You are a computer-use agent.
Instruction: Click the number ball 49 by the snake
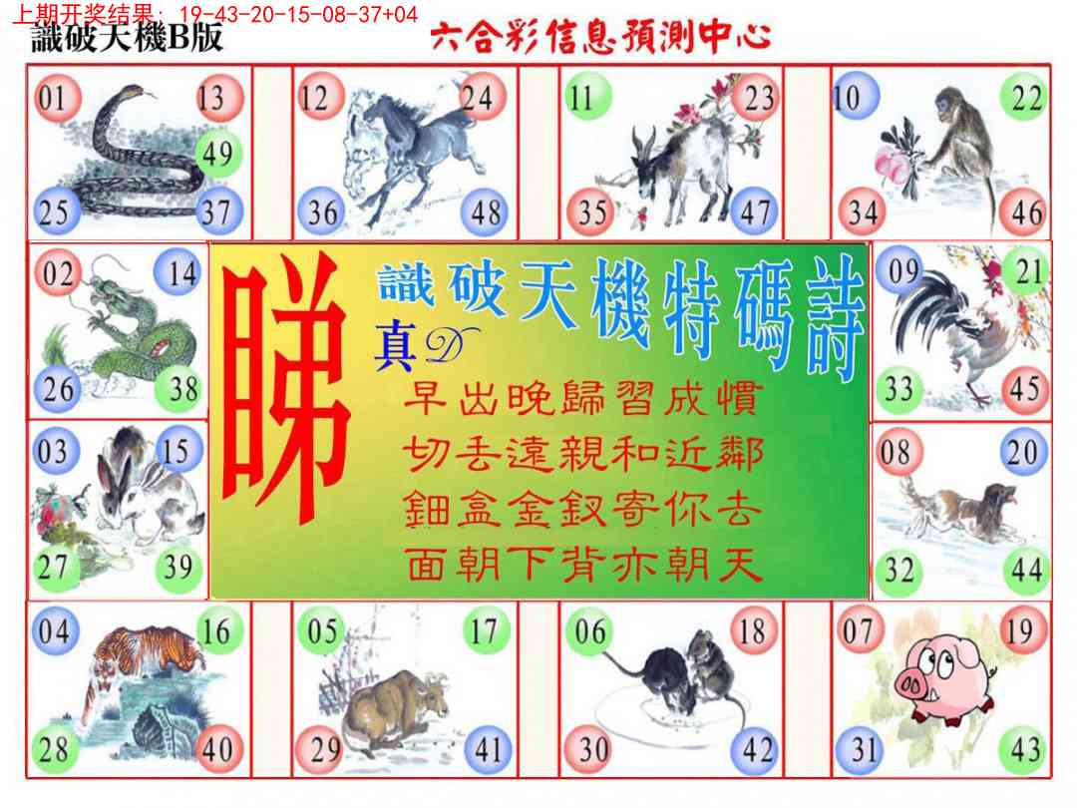pyautogui.click(x=218, y=154)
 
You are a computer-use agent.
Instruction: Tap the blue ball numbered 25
pyautogui.click(x=55, y=210)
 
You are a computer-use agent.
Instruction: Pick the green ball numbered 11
pyautogui.click(x=586, y=97)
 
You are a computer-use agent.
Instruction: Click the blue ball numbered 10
pyautogui.click(x=855, y=97)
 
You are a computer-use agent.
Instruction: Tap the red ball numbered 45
pyautogui.click(x=1025, y=388)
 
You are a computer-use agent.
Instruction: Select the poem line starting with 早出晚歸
pyautogui.click(x=582, y=398)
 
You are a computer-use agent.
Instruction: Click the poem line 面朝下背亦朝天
pyautogui.click(x=582, y=565)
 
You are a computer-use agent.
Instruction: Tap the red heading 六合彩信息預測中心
pyautogui.click(x=600, y=37)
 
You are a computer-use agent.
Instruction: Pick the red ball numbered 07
pyautogui.click(x=859, y=630)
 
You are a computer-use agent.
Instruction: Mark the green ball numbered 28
pyautogui.click(x=55, y=749)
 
